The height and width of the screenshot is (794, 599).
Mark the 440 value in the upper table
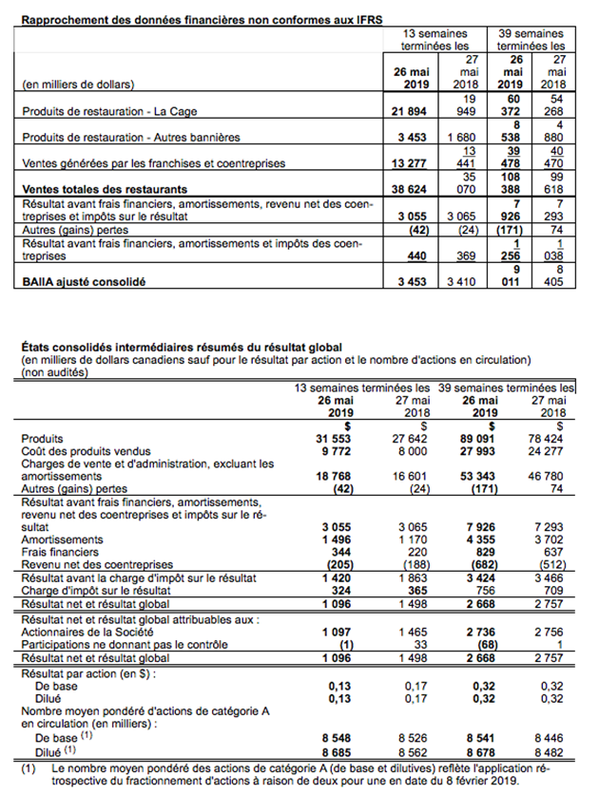(x=423, y=256)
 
